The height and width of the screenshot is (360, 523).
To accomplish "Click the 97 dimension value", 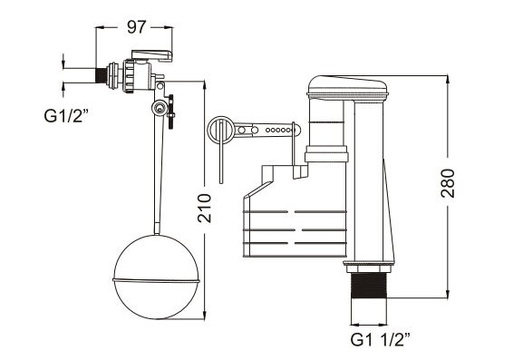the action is (x=137, y=27).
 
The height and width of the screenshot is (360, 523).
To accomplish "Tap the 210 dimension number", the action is (x=204, y=209).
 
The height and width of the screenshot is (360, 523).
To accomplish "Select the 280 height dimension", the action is (x=448, y=183).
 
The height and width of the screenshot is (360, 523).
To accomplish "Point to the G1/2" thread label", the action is (x=66, y=116).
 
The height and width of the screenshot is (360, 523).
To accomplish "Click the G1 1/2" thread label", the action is (x=381, y=339).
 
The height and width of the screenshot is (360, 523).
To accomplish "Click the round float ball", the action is (x=156, y=277).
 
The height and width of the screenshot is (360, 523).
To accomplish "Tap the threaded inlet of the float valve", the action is (x=101, y=76).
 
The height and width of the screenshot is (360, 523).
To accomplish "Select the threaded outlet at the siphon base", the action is (x=369, y=286).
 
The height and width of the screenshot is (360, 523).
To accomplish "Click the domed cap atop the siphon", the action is (x=347, y=86).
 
